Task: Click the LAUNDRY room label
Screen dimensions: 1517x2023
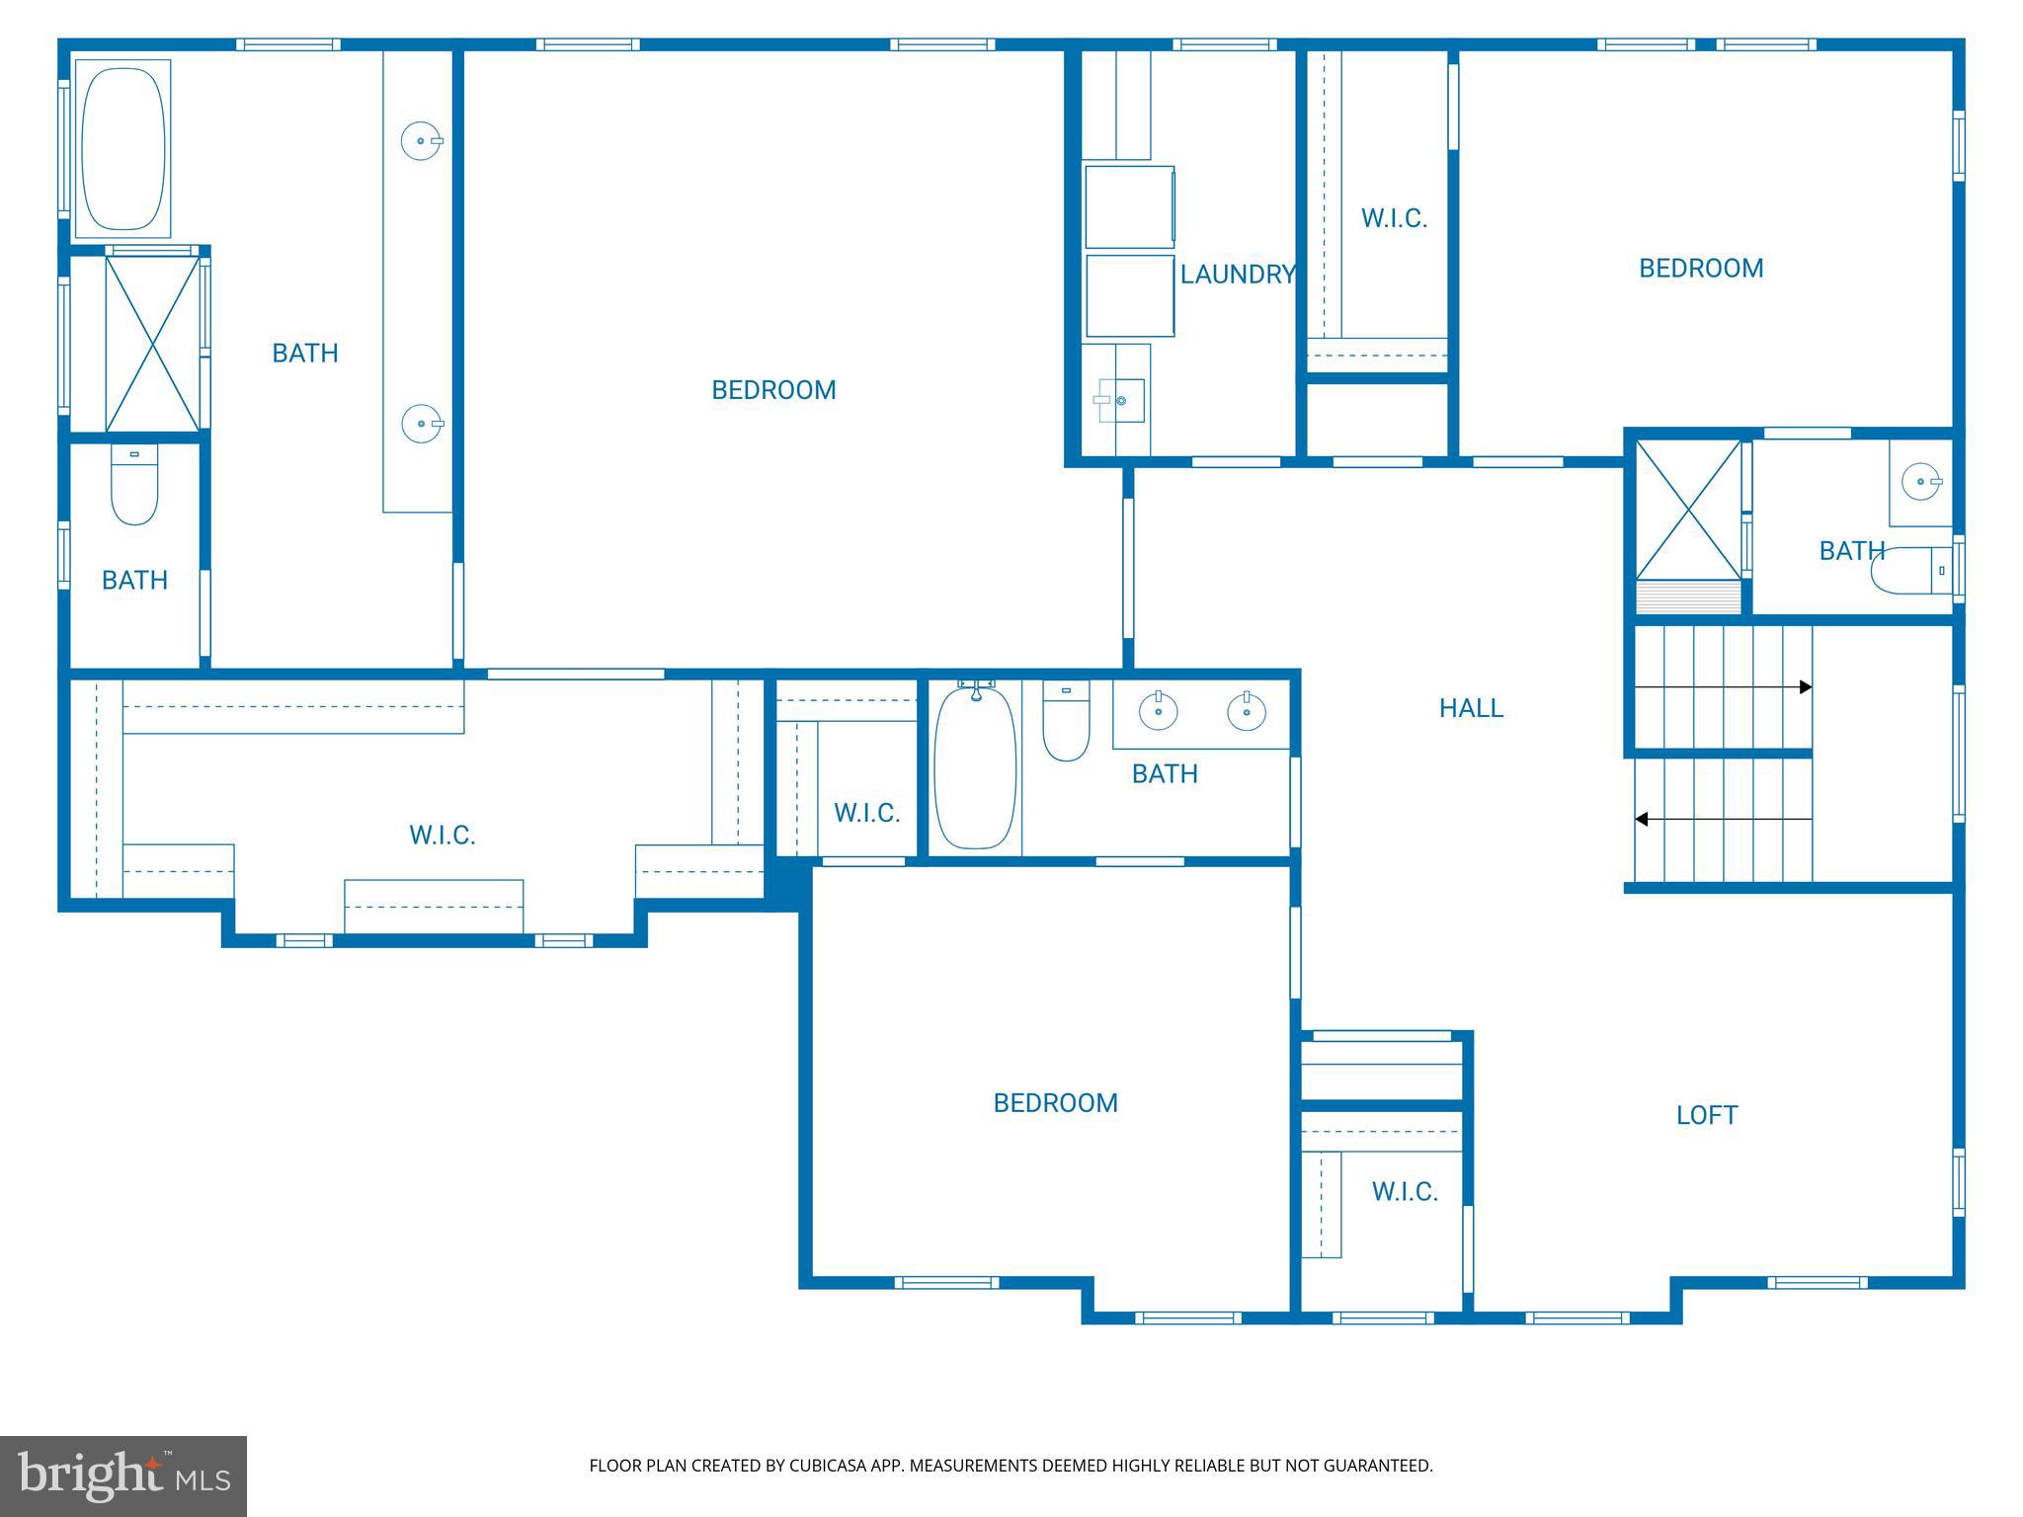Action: pos(1237,275)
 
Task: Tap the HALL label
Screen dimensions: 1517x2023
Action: pos(1471,708)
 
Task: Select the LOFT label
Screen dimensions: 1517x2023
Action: pos(1706,1115)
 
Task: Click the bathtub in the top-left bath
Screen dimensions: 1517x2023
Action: pos(122,148)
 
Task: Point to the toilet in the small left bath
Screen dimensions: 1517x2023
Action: pos(134,489)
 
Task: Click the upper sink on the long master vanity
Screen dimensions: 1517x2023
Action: pos(421,141)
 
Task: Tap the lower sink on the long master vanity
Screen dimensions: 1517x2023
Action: pos(421,424)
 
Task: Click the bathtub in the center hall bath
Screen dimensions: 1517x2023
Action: pos(975,767)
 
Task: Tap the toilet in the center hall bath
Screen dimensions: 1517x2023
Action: pos(1066,723)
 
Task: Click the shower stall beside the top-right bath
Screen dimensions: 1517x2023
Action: pos(1688,511)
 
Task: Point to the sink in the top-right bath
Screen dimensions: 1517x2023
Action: pos(1921,483)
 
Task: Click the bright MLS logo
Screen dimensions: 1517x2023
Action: pos(122,1476)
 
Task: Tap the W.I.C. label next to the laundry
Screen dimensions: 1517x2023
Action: pos(1394,219)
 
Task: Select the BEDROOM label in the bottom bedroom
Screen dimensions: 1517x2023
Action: pos(1055,1103)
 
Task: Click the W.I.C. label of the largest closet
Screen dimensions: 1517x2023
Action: pos(442,836)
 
